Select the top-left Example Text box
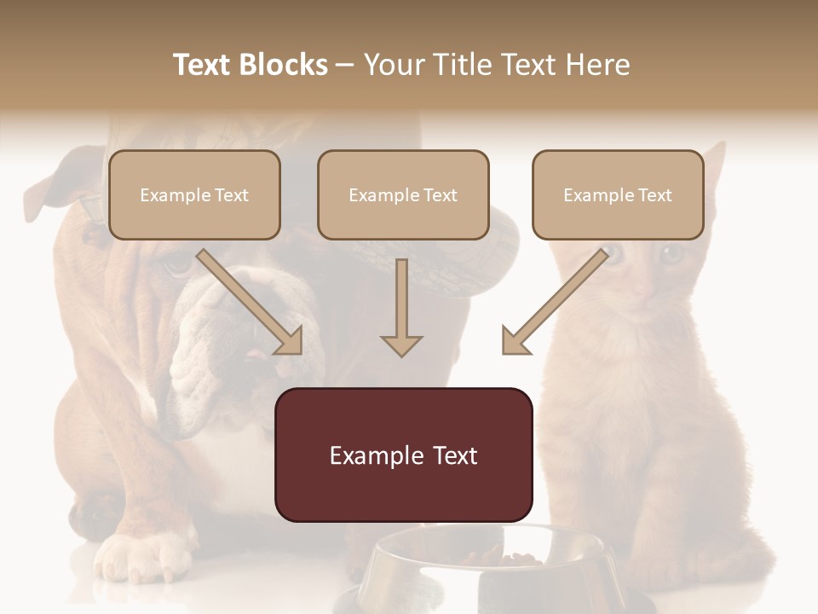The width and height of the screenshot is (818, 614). coord(194,194)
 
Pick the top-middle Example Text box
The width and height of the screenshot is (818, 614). coord(403,194)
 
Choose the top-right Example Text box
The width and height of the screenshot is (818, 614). coord(618,194)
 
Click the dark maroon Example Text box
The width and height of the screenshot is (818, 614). coord(403,455)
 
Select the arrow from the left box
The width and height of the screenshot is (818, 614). coord(251,302)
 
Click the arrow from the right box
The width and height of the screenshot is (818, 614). coord(555,302)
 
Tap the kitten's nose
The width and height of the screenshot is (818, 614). coord(644,291)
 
